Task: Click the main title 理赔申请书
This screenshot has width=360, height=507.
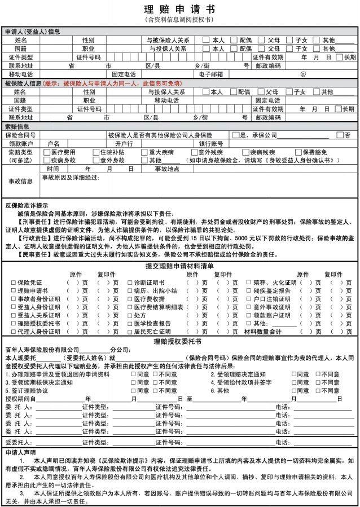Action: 179,10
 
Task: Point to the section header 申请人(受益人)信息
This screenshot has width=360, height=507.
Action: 33,32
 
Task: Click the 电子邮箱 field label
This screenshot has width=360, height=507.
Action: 211,74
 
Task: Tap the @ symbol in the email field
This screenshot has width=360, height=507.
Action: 302,74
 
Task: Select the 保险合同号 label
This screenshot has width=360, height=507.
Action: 20,135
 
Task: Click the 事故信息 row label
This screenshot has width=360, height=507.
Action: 21,181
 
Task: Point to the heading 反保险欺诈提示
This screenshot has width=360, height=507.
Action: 27,206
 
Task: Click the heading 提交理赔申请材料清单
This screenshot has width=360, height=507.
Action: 179,266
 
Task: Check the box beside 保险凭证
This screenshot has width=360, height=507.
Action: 14,282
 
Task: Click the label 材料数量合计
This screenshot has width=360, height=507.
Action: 262,332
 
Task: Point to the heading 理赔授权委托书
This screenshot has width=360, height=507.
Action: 179,341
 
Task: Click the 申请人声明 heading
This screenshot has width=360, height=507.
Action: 20,452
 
